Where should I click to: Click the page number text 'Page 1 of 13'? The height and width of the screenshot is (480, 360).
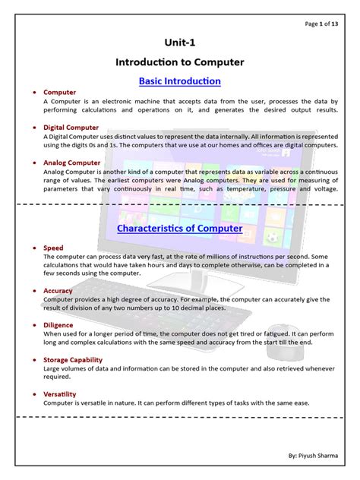click(x=323, y=24)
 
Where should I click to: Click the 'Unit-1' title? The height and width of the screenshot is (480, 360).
click(x=180, y=45)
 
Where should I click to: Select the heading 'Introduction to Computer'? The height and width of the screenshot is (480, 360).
click(x=180, y=62)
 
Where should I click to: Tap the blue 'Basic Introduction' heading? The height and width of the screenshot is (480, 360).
click(x=180, y=81)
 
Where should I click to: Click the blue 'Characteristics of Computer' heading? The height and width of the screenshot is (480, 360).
click(x=180, y=228)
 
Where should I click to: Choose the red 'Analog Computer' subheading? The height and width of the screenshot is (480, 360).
click(x=72, y=163)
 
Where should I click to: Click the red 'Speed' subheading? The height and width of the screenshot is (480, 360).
click(x=53, y=248)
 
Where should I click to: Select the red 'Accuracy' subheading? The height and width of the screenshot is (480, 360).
click(x=58, y=290)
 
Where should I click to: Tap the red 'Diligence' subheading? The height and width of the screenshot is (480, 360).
click(x=58, y=325)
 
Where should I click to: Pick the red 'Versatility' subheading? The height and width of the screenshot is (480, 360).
click(x=60, y=395)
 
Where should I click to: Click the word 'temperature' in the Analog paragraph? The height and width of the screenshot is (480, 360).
click(x=242, y=188)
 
